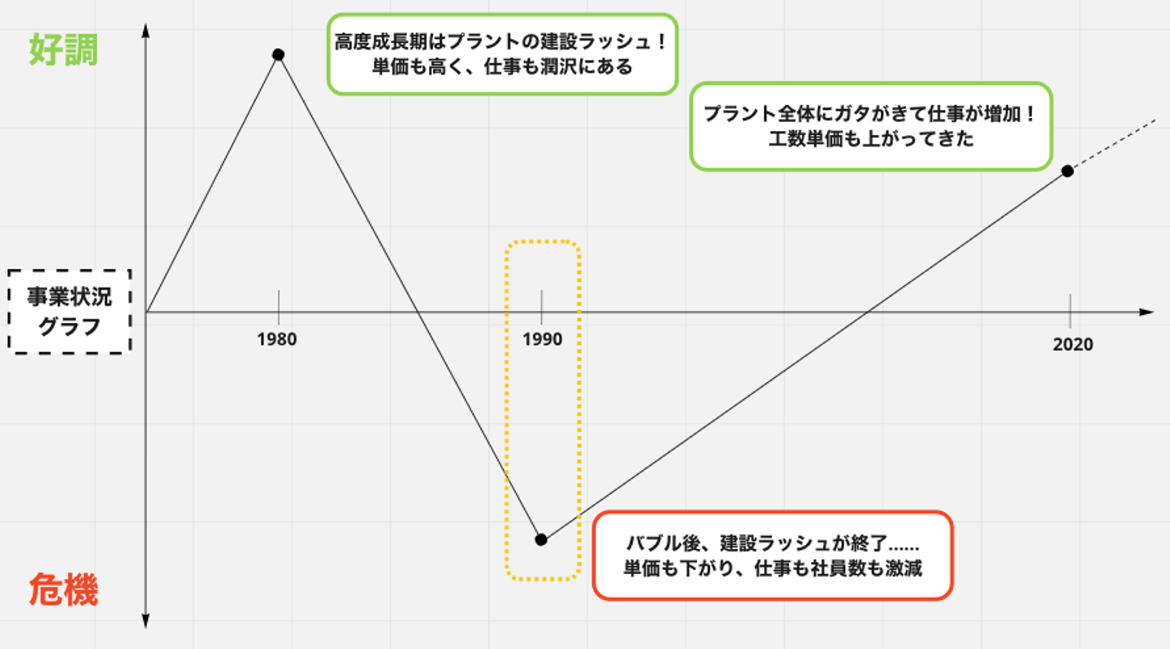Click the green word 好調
click(63, 50)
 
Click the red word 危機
click(63, 590)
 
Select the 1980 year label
click(277, 339)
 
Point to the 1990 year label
click(542, 339)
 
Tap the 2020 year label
click(1072, 345)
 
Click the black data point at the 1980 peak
click(278, 54)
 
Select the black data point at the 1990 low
click(541, 539)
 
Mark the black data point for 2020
click(1068, 172)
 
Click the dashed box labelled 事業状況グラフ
click(70, 311)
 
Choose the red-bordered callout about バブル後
click(772, 555)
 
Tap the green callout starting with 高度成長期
click(502, 54)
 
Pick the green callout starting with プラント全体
click(870, 126)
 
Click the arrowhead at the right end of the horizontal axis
click(1146, 312)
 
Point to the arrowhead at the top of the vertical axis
click(145, 31)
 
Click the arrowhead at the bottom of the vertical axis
click(145, 621)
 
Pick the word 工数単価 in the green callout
click(801, 139)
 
